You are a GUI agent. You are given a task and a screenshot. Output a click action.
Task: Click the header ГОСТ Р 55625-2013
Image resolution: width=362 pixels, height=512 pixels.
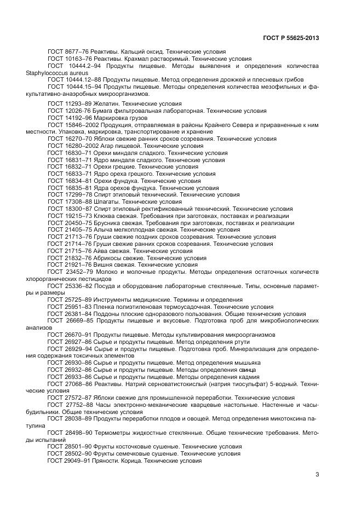[291, 38]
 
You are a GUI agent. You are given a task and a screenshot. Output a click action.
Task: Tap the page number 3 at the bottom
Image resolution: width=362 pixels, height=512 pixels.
[317, 475]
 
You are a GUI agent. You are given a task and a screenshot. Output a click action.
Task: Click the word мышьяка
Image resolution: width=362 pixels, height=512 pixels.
[248, 363]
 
